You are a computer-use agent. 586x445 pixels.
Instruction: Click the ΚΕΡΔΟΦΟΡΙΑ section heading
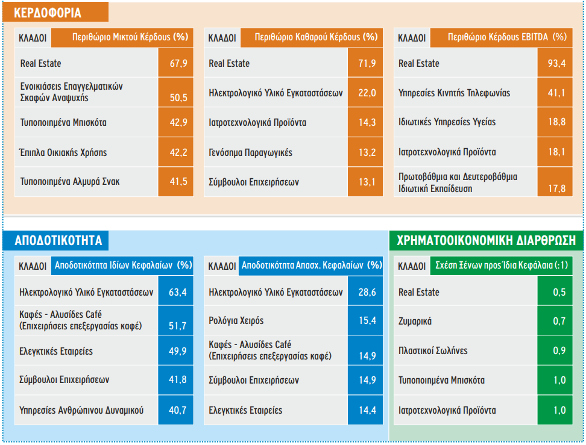tap(48, 13)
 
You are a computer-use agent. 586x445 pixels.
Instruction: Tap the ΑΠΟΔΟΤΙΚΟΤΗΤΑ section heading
tap(58, 241)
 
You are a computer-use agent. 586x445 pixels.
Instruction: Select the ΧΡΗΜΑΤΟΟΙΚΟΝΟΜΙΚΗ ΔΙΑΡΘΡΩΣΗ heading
tap(486, 241)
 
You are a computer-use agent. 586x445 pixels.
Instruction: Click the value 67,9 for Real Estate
tap(178, 63)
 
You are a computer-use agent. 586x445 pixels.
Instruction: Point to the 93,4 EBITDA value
tap(556, 63)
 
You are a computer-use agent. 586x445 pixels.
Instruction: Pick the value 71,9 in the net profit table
tap(367, 63)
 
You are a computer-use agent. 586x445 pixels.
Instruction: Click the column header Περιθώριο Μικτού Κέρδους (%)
tap(130, 37)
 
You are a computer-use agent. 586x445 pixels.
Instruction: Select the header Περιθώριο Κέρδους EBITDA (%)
tap(507, 37)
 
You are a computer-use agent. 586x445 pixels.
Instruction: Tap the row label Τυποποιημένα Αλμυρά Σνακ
tap(70, 182)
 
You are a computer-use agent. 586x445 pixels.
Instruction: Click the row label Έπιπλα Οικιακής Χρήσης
tap(63, 152)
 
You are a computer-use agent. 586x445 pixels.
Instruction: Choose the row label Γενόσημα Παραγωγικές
tap(250, 152)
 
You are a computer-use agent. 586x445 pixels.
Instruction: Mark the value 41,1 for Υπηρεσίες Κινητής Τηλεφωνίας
tap(556, 93)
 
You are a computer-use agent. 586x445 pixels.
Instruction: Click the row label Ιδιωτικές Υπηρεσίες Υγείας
tap(447, 122)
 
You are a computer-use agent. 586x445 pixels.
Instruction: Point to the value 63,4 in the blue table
tap(177, 292)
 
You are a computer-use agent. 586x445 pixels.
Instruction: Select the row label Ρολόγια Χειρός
tap(236, 321)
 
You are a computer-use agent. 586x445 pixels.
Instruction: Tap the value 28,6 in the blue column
tap(367, 292)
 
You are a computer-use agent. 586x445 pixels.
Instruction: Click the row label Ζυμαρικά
tap(415, 321)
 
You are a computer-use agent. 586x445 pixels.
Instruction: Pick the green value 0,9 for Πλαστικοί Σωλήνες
tap(559, 350)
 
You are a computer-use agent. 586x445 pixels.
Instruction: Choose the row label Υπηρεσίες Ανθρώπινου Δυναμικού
tap(81, 410)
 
